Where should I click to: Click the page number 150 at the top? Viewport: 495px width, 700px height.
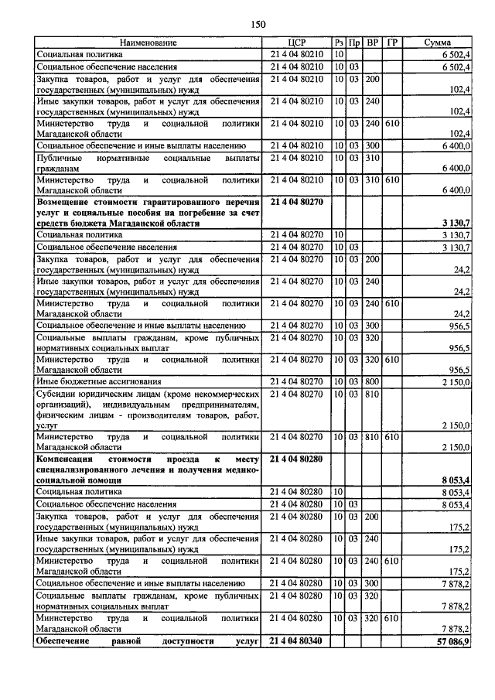click(x=258, y=25)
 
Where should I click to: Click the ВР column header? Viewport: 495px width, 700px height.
click(x=373, y=42)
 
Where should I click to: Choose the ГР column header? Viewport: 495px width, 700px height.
click(x=392, y=42)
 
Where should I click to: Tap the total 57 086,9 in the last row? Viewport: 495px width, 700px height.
click(x=452, y=642)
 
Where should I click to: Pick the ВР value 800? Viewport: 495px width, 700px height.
click(x=373, y=381)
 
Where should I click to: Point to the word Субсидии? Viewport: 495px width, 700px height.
click(x=57, y=394)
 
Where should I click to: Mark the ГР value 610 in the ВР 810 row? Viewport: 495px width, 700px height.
click(x=392, y=437)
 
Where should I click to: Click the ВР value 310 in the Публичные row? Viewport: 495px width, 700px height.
click(x=373, y=158)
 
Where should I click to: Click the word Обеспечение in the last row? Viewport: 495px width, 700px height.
click(x=67, y=642)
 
